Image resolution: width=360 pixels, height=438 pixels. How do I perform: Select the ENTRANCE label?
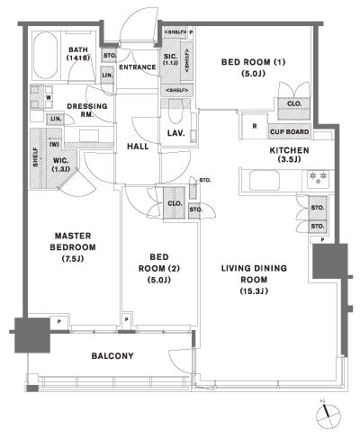[x=139, y=67]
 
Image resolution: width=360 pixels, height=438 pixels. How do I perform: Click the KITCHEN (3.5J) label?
[x=290, y=156]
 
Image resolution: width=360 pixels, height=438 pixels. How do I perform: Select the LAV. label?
[x=176, y=134]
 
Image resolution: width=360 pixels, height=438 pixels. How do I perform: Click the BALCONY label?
[x=112, y=356]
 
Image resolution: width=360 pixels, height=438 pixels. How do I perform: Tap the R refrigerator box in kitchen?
[x=255, y=126]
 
